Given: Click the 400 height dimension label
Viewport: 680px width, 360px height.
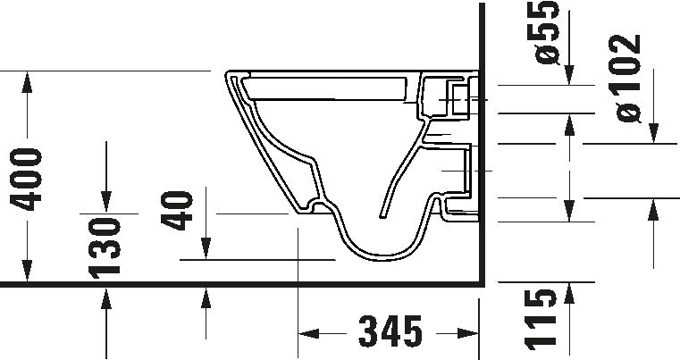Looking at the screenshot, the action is pos(26,180).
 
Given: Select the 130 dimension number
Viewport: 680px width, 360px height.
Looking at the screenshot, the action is pos(105,247).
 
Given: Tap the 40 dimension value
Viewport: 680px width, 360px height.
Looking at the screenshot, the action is pos(177,210).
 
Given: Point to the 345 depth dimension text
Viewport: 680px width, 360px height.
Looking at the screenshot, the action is pos(390,331).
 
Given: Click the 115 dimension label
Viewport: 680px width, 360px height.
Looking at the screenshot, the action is pos(541,320).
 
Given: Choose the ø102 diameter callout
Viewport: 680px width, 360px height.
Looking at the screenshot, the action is pos(625,78).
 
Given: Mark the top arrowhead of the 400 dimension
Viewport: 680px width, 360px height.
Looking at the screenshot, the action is pos(27,82).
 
